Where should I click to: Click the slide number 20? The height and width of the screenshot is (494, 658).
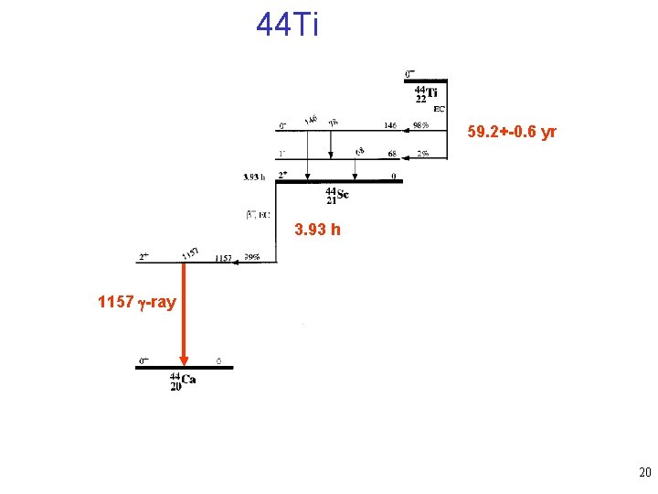click(x=644, y=473)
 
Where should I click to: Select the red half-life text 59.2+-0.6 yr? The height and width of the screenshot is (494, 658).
click(x=512, y=133)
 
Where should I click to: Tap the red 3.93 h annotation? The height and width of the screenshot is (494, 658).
click(x=318, y=230)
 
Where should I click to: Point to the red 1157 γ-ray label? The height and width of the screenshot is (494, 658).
click(x=137, y=302)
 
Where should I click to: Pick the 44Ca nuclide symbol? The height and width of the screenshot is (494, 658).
click(x=183, y=381)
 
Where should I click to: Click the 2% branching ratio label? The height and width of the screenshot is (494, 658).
click(x=422, y=153)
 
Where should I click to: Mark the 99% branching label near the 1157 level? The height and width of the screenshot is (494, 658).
click(x=251, y=258)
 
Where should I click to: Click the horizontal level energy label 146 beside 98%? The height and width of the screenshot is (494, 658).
click(x=390, y=126)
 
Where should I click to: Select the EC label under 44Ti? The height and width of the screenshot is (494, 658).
click(x=439, y=109)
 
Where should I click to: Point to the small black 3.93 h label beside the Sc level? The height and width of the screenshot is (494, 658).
click(x=254, y=177)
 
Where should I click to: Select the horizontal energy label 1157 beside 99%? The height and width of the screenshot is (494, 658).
click(x=223, y=258)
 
